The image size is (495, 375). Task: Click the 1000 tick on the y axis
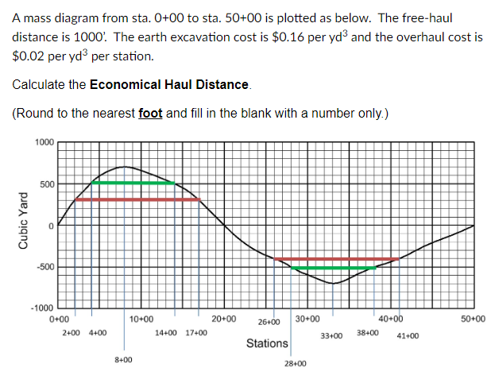click(44, 142)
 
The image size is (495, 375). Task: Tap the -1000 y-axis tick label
click(41, 308)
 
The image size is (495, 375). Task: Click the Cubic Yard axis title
click(23, 225)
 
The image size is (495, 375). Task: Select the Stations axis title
click(267, 343)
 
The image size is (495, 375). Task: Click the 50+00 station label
click(474, 319)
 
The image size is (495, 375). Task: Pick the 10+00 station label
click(141, 319)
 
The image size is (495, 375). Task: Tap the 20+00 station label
click(224, 319)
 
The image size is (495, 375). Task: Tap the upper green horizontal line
click(133, 183)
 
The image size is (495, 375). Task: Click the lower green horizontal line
click(334, 268)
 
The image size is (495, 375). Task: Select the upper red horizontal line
click(137, 199)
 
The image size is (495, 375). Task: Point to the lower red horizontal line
click(335, 259)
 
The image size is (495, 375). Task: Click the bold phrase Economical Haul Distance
click(170, 84)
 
